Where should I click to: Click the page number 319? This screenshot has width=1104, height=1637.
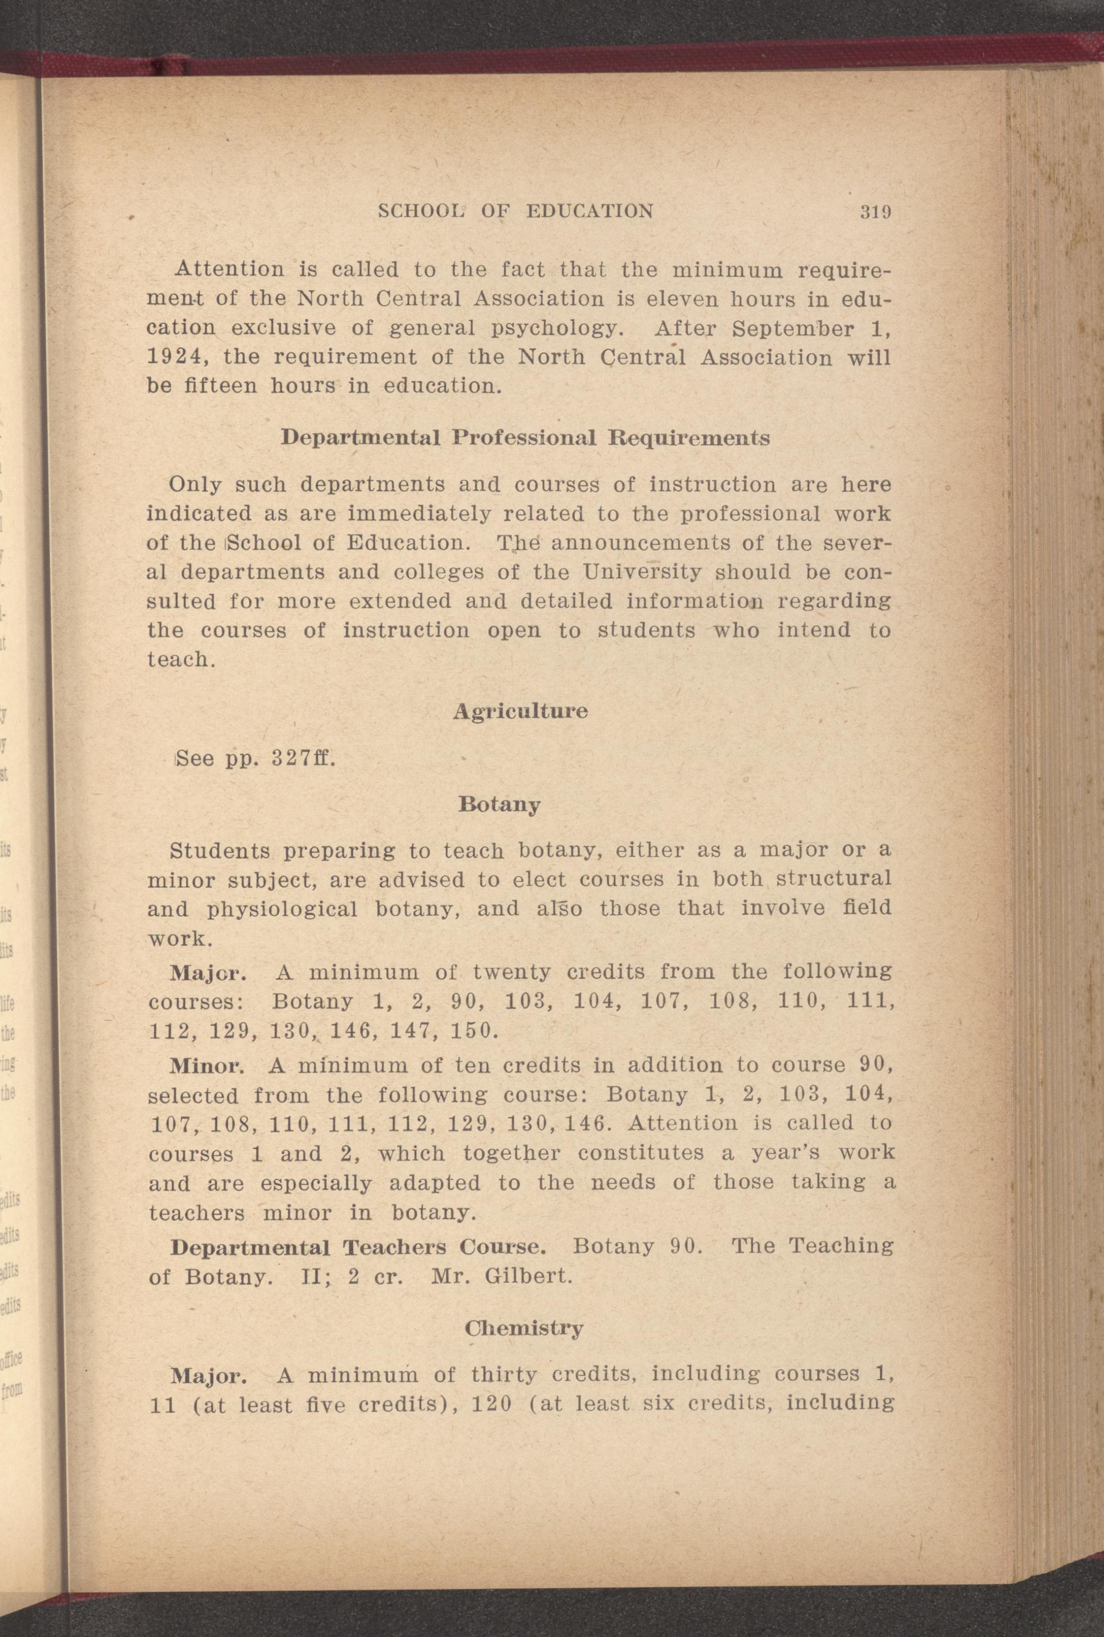876,211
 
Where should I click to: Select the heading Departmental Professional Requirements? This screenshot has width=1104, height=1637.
525,438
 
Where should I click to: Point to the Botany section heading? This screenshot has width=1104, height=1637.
499,804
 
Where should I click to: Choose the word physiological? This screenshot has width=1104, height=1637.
283,909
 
